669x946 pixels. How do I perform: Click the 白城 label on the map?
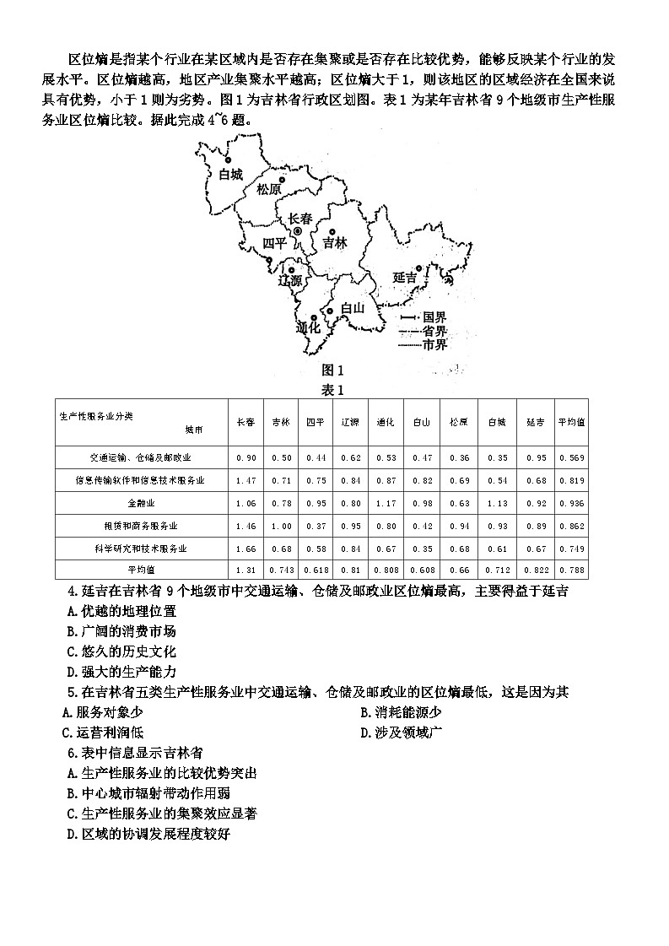(x=230, y=176)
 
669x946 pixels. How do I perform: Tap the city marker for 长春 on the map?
(x=297, y=230)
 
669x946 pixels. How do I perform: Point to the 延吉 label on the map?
(x=405, y=277)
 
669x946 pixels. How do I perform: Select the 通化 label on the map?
(x=309, y=327)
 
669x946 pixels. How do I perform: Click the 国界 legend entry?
(x=434, y=317)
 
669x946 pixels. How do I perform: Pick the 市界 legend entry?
(x=434, y=344)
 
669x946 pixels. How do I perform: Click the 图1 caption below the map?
(x=334, y=370)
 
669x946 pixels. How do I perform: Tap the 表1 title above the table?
(x=334, y=389)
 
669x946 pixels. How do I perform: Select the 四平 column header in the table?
(x=316, y=421)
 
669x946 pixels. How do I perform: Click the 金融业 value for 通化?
(x=386, y=503)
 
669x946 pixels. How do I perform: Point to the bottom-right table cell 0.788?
(x=571, y=571)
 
